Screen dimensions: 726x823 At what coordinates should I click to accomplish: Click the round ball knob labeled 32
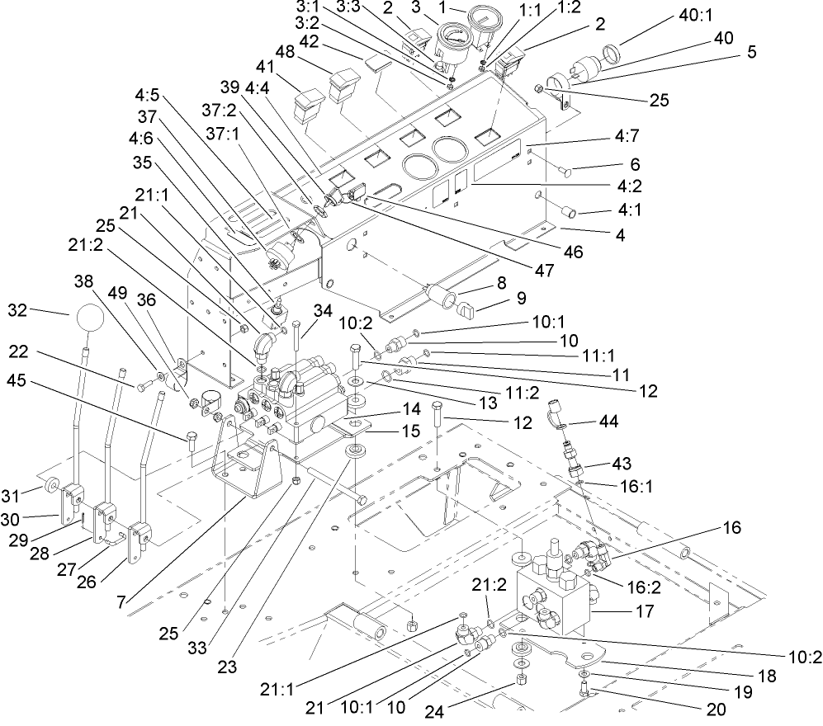[x=95, y=320]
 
